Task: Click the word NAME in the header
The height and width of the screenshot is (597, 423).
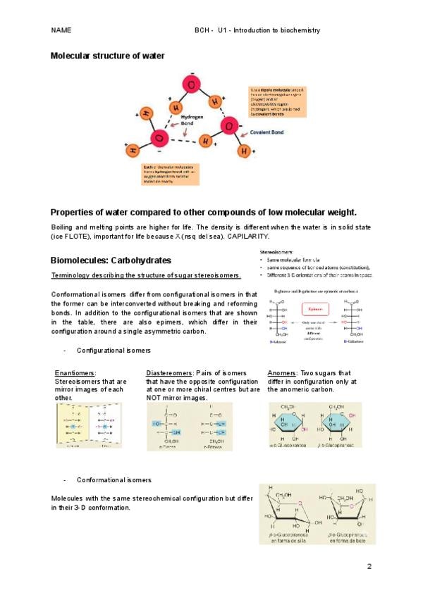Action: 61,31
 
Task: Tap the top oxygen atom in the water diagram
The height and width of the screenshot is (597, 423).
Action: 191,85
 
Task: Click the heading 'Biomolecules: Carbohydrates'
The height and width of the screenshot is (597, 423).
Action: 111,260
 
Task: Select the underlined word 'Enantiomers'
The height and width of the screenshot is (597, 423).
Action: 75,372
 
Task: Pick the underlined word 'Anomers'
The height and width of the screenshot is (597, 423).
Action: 282,372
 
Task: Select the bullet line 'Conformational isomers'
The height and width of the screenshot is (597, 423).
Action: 114,479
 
